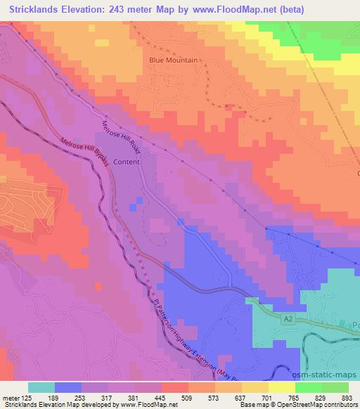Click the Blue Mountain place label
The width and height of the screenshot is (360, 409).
pos(173,60)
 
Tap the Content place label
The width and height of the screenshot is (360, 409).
pos(127,162)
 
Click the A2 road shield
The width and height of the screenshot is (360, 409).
pos(288,319)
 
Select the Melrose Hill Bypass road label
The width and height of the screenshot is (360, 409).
pos(85,152)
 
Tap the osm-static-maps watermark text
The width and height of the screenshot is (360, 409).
pos(329,375)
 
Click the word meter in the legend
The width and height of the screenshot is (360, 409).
pos(11,397)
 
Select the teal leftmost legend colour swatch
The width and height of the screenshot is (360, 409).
pos(41,387)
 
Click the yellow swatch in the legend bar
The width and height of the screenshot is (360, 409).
pos(282,387)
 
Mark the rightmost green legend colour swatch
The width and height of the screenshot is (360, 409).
pos(335,387)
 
